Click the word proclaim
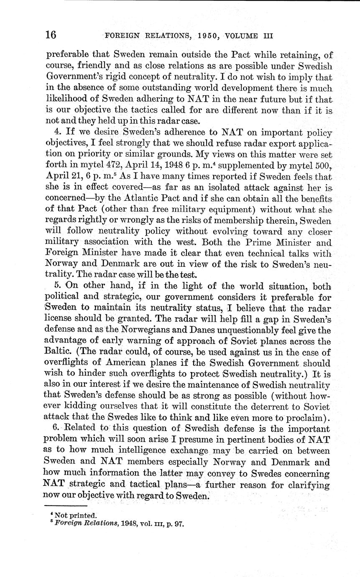[300, 417]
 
